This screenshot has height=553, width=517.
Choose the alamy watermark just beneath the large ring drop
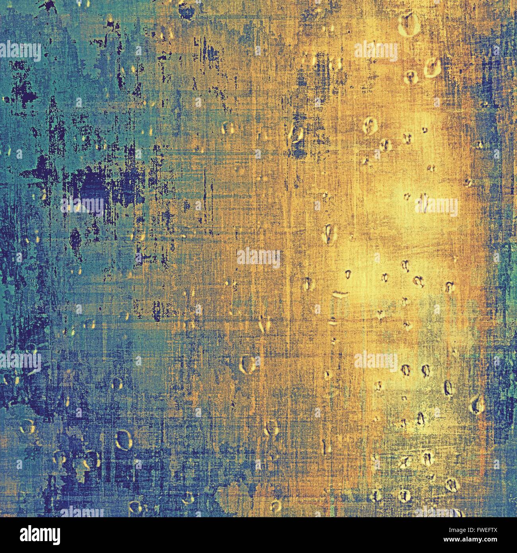click(375, 51)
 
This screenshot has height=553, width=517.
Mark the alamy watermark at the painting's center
click(258, 257)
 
